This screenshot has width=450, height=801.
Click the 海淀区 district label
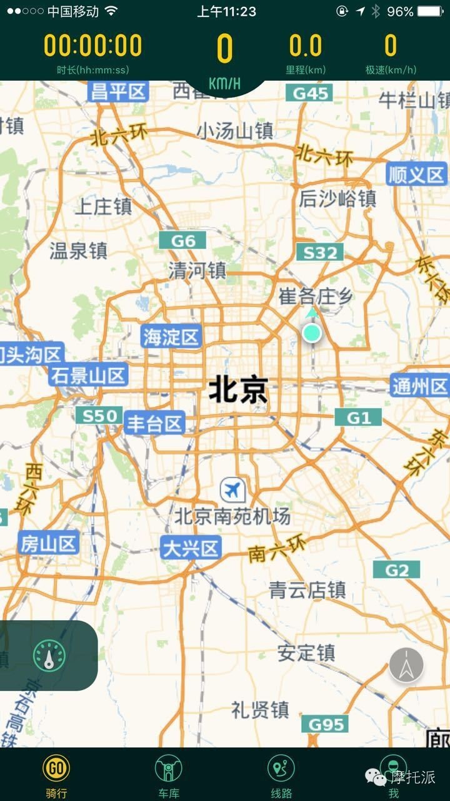point(171,337)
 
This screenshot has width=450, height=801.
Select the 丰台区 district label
point(154,424)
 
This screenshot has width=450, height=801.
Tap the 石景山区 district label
point(89,375)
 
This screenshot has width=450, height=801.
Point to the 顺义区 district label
point(416,175)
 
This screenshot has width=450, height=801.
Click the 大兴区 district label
point(191,548)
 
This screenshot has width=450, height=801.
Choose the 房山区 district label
point(48,543)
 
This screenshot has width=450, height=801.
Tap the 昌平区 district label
point(119,92)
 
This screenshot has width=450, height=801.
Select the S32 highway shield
point(320,253)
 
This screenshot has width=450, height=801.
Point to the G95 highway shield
point(326,724)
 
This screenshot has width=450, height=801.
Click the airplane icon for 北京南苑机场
point(233,489)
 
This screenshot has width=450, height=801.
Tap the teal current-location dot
point(312,333)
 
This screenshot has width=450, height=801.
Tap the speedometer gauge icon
point(49,656)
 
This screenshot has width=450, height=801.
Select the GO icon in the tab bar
point(56,767)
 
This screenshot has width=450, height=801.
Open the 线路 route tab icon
point(281,768)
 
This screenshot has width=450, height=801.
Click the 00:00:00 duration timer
point(93,46)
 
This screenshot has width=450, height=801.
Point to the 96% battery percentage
point(400,11)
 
